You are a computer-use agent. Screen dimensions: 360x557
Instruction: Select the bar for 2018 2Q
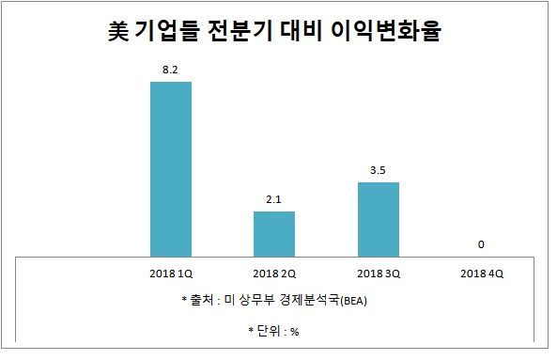click(x=274, y=232)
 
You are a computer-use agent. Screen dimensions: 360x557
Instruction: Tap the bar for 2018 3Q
click(x=379, y=217)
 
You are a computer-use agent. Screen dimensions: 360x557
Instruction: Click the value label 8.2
click(x=171, y=70)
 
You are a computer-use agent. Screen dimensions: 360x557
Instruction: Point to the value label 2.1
click(x=274, y=198)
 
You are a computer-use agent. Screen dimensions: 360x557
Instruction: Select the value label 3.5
click(x=379, y=170)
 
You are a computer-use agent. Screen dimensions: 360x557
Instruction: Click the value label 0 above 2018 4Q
click(x=481, y=244)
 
